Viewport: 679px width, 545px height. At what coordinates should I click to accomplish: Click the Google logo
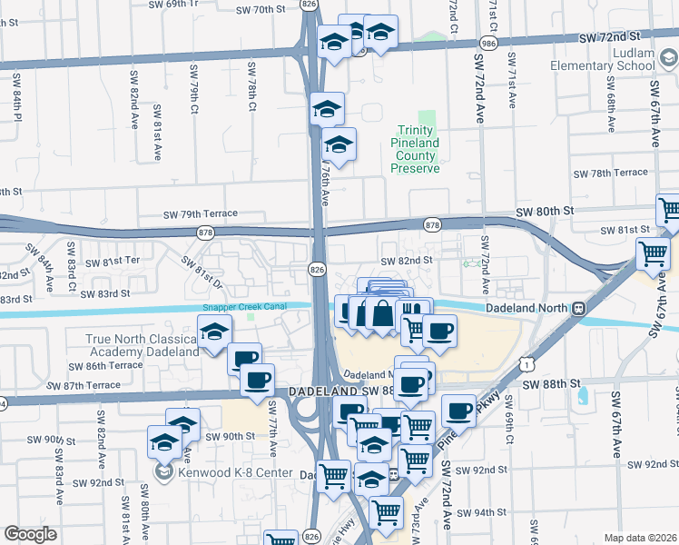(30, 533)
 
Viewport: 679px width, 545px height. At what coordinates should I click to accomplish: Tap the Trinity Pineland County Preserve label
(415, 150)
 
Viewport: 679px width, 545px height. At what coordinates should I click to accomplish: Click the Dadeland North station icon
(577, 309)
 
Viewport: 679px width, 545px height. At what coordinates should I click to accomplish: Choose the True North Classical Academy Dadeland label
(142, 346)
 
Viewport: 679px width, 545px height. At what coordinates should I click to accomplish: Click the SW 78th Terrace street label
(610, 173)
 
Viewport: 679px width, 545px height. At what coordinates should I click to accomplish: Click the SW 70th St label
(260, 10)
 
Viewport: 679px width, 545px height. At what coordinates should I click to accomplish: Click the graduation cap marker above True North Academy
(213, 332)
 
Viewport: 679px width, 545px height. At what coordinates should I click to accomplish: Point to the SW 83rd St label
(105, 293)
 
